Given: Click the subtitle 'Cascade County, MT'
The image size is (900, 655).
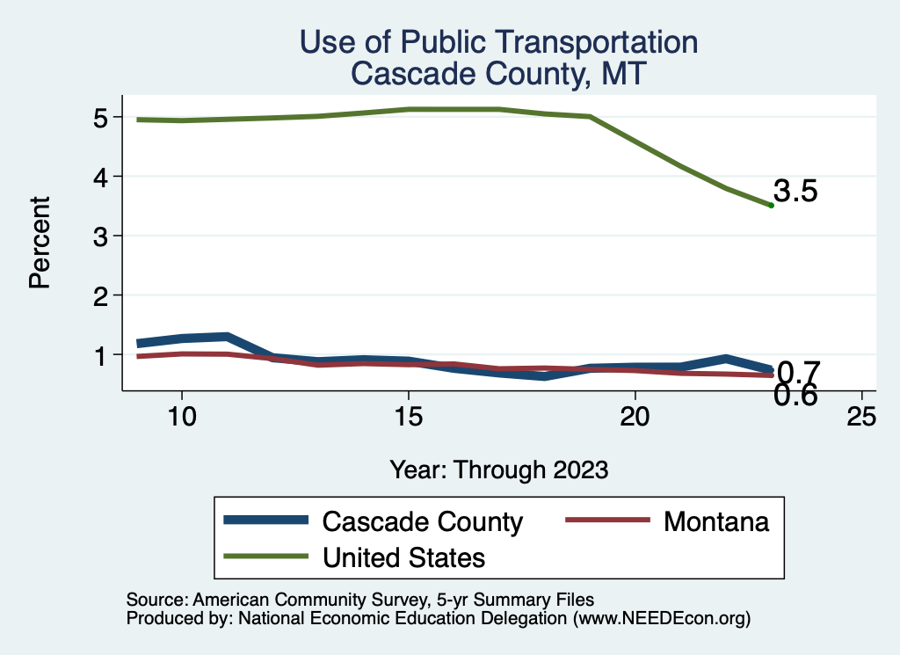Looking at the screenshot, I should pos(498,73).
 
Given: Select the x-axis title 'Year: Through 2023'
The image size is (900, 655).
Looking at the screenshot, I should pos(498,470).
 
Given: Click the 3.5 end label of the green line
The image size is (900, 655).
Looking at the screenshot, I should pos(795,192).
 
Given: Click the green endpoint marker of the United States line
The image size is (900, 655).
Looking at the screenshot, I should pos(771,205).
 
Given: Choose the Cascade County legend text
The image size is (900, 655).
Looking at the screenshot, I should pos(423,521).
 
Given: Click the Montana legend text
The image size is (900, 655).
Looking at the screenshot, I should pos(716,521).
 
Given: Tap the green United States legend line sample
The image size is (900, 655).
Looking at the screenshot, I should pos(266,557).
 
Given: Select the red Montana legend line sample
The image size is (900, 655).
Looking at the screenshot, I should pos(606,520).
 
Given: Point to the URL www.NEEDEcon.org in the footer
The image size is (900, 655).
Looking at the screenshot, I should pos(661,618).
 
